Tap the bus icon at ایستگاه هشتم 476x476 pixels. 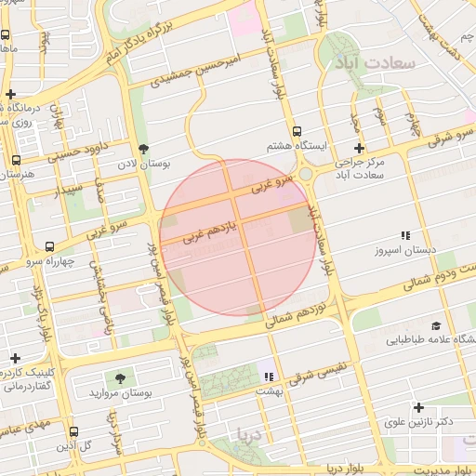[297, 132]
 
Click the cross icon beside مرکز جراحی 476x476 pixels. [359, 148]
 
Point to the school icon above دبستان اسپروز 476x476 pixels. [404, 236]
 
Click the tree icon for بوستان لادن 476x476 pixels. [142, 148]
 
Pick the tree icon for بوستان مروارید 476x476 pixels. [120, 378]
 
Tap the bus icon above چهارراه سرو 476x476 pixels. [49, 246]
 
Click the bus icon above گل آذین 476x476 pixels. [74, 431]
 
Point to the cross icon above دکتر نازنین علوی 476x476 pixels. [418, 407]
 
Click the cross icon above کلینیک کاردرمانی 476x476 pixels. [15, 358]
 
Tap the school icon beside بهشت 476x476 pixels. [269, 377]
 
